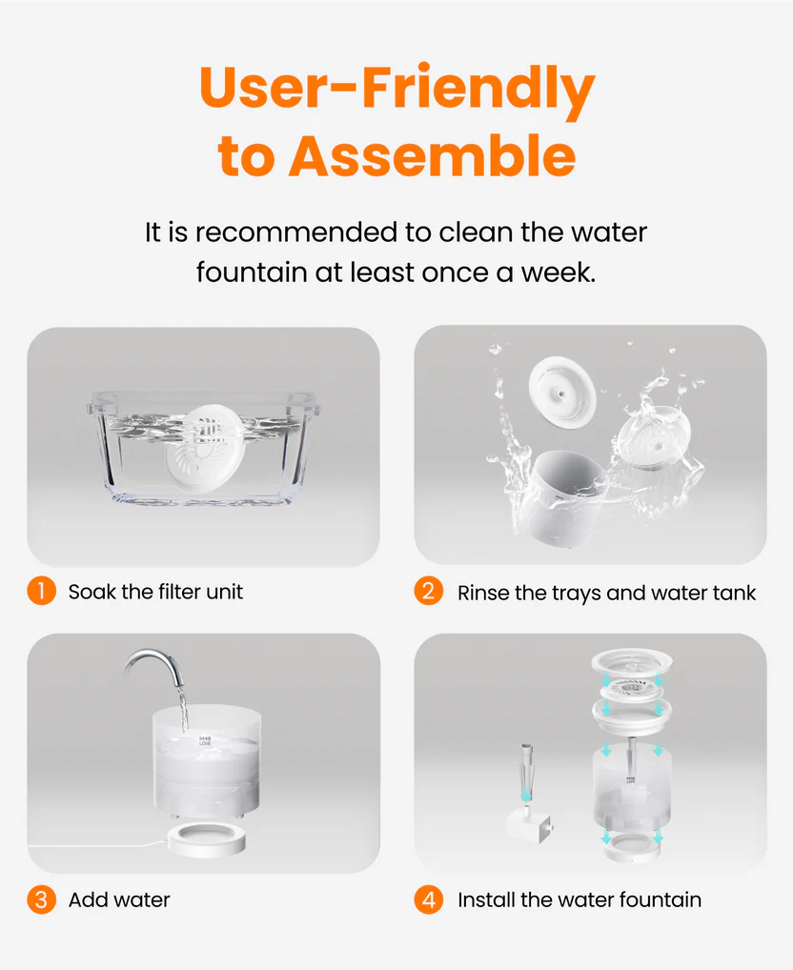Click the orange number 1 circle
(41, 591)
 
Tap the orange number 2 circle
(429, 591)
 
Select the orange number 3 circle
(41, 899)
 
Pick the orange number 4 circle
(429, 899)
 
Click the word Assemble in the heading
(433, 155)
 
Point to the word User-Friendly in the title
(396, 89)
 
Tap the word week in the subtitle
(558, 273)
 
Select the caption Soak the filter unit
(155, 592)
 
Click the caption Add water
(119, 899)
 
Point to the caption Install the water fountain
(579, 899)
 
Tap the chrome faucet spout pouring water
(154, 665)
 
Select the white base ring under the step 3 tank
(207, 839)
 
